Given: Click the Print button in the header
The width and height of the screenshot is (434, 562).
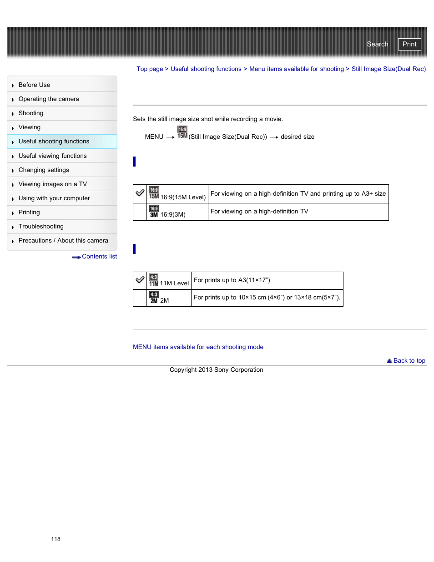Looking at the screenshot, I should tap(409, 44).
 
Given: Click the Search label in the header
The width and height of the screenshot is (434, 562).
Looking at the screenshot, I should tap(377, 44).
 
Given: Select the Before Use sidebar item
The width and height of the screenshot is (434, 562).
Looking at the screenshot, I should tap(34, 85).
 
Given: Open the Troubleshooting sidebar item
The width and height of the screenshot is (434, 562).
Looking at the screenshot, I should tap(41, 227).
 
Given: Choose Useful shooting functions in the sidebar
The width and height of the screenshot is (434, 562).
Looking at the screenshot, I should tap(54, 142).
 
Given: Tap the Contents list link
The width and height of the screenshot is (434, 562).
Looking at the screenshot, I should tap(99, 257).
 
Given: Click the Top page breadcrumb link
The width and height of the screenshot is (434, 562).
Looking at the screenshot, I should tap(150, 69).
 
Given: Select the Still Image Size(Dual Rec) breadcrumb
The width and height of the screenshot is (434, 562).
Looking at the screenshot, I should tap(389, 69).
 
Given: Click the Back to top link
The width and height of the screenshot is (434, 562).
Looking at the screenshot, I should tap(409, 361).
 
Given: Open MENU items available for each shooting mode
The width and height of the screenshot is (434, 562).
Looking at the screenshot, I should tap(198, 347).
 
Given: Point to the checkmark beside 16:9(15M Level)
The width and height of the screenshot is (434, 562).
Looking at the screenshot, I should tap(140, 193).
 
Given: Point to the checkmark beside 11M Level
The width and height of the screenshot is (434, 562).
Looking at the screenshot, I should tap(140, 279).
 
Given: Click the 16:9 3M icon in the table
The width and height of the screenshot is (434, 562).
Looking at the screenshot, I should tap(154, 212).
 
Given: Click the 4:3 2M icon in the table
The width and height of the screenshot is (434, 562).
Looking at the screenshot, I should tap(154, 298).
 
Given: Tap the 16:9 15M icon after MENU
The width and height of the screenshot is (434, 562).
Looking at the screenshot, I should tap(182, 132).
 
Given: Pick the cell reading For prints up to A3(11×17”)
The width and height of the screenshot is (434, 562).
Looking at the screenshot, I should tap(232, 280).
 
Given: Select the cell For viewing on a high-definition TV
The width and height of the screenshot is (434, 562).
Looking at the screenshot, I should tap(259, 212).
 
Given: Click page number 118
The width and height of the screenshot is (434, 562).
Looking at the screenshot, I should tap(56, 539).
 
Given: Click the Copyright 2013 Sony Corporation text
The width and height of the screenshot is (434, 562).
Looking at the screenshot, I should tap(216, 370).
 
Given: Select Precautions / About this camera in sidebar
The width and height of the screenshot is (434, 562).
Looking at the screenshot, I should tap(63, 241).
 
